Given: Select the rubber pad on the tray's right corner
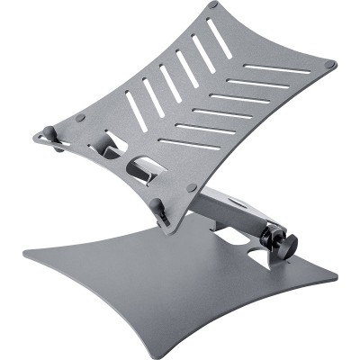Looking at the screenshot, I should pos(329,65).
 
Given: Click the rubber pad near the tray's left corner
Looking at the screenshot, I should pos(80,117).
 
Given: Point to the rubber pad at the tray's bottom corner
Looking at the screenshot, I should pos(191,187).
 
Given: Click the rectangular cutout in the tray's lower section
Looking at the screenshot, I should pos(143,167).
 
